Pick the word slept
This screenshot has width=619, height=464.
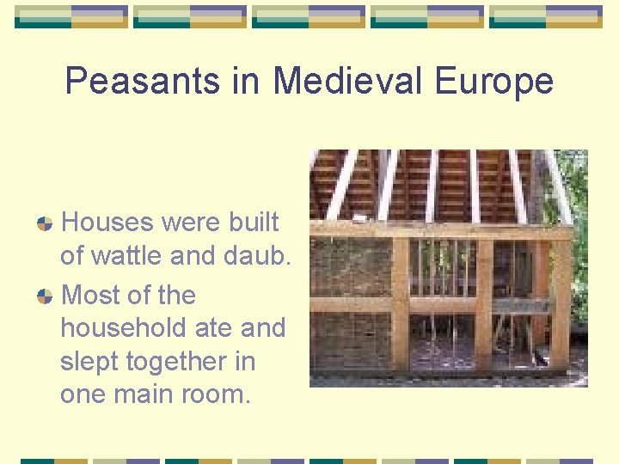coord(90,362)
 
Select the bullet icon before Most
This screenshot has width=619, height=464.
coord(45,296)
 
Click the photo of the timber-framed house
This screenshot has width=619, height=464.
coord(449,268)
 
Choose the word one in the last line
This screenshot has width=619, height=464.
coord(83,394)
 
